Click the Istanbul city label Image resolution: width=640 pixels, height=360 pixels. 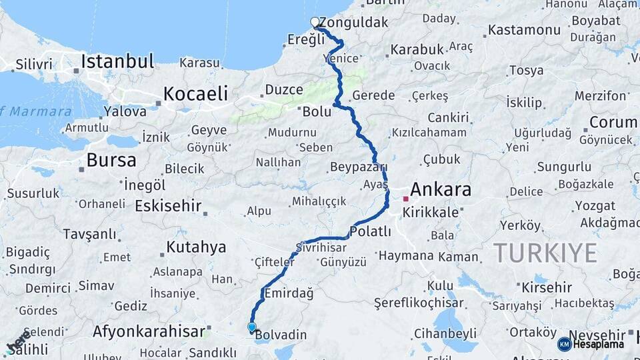117,62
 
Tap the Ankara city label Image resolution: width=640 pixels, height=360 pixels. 441,189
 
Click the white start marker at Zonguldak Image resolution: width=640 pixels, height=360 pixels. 315,22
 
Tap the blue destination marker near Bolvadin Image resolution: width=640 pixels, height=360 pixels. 251,327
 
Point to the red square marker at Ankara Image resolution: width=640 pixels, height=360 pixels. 405,199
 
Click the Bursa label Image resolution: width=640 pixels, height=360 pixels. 111,160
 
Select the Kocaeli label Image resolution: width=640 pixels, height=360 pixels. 195,93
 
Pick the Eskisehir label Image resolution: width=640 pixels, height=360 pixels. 168,206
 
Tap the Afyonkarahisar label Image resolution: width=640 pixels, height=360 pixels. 149,331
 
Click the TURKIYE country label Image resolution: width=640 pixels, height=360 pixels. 545,253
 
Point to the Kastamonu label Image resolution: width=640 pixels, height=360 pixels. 524,30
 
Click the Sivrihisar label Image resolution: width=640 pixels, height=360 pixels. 325,247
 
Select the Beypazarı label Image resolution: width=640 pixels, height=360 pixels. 358,167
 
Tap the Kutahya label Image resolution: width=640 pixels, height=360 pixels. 196,247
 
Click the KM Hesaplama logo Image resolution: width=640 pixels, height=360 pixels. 591,344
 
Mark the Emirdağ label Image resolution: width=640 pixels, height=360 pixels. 289,293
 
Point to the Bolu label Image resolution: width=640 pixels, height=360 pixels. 317,112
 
